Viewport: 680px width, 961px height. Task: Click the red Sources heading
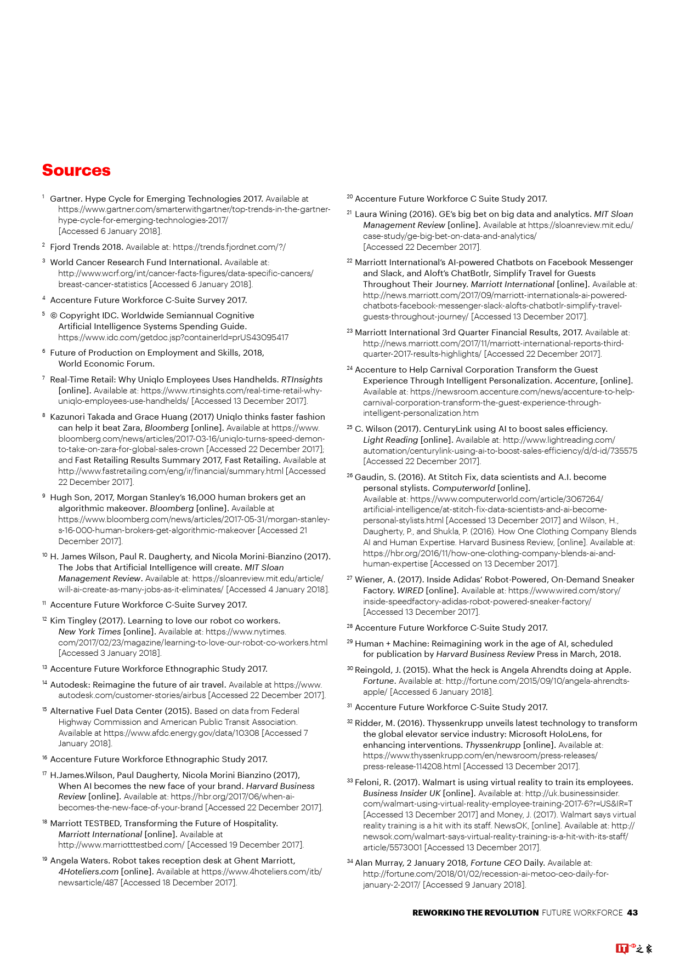tap(76, 170)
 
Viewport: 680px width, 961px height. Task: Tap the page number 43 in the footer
tap(632, 913)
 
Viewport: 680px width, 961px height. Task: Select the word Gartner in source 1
tap(65, 199)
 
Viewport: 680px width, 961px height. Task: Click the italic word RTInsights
tap(302, 380)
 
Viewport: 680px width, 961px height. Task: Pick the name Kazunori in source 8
tap(68, 417)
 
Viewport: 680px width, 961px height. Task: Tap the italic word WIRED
tap(410, 591)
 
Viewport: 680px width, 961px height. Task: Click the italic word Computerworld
tap(463, 488)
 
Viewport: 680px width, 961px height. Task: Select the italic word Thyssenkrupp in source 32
tap(492, 745)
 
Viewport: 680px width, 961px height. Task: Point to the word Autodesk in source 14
tap(70, 685)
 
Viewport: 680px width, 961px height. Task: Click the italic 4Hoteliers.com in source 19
tap(88, 872)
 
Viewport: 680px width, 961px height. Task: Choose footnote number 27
tap(349, 579)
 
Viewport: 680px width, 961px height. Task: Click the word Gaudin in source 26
tap(369, 477)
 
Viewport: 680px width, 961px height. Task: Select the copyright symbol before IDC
tap(54, 316)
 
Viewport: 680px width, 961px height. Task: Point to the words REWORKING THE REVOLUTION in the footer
tap(475, 913)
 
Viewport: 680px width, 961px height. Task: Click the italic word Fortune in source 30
tap(379, 681)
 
